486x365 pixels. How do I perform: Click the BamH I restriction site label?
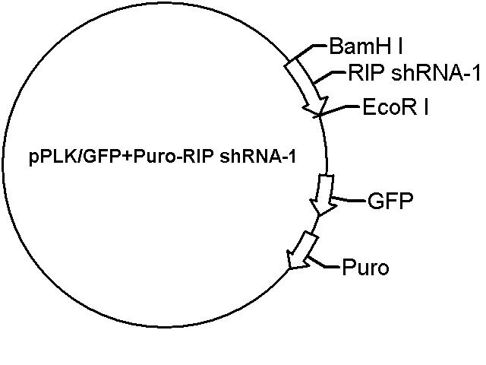point(366,46)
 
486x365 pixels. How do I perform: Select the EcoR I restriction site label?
point(396,106)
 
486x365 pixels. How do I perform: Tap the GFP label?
point(390,201)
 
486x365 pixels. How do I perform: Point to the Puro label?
point(365,267)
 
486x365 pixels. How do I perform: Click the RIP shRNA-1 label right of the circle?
point(414,73)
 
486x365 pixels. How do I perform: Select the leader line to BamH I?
point(310,51)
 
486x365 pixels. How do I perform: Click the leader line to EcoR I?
point(338,111)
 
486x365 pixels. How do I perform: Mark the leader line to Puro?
point(324,263)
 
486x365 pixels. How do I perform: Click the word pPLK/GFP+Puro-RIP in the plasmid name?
point(121,157)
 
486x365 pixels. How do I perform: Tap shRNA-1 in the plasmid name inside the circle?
point(257,157)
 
